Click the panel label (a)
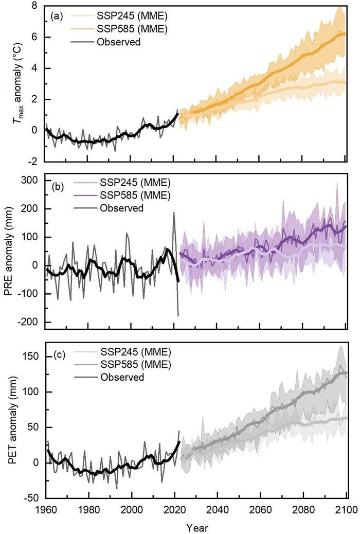[56, 16]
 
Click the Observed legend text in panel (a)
[119, 42]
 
